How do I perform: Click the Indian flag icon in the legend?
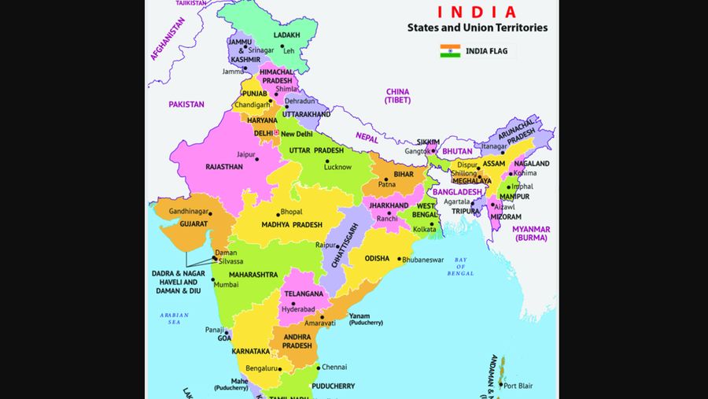pos(450,51)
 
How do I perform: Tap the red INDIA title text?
pos(477,12)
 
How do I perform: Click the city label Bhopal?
pos(291,212)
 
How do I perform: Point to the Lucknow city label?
pos(337,167)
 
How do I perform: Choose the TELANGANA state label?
pos(304,294)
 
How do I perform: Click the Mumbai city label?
pos(226,284)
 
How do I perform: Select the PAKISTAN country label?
pos(186,104)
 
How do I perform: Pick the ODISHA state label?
pos(377,258)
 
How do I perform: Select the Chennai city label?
pos(334,367)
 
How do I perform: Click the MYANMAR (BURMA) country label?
pos(531,233)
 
